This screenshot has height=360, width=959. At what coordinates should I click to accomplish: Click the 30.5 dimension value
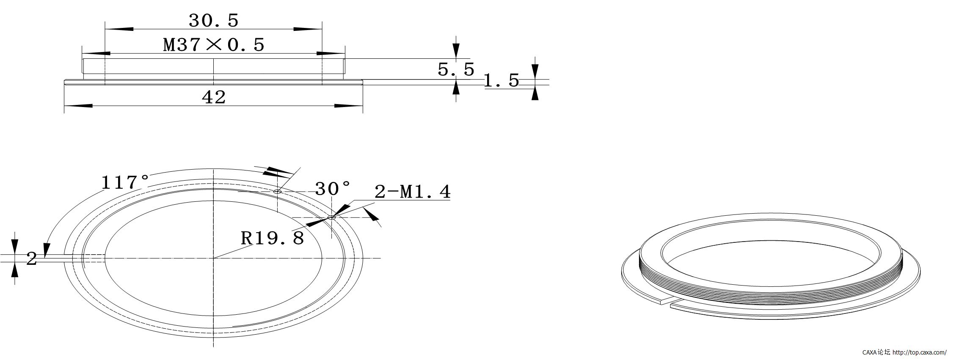click(214, 20)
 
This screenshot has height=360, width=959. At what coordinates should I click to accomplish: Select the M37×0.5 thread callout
click(214, 44)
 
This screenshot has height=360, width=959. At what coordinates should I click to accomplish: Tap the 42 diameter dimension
click(214, 97)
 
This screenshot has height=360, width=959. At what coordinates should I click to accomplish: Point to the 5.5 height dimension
click(456, 69)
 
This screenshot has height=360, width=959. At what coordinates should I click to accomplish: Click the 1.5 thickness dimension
click(502, 80)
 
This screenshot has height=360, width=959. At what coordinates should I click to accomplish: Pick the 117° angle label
click(125, 182)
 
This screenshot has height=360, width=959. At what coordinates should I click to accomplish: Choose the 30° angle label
click(333, 189)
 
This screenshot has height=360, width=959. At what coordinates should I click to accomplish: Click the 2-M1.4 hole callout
click(413, 192)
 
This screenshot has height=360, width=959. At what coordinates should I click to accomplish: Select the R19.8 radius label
click(273, 238)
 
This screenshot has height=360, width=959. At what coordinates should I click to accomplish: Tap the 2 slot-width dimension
click(32, 258)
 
